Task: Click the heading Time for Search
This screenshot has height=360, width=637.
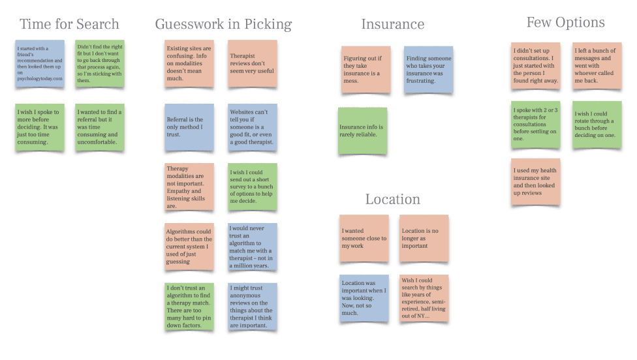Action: click(x=69, y=25)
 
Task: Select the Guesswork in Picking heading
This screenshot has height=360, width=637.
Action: click(x=223, y=25)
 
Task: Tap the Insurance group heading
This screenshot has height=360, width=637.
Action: click(x=392, y=25)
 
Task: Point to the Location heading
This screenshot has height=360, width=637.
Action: click(x=392, y=200)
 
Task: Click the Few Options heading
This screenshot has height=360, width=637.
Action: click(x=565, y=23)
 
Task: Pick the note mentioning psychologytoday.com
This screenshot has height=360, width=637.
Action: click(x=40, y=64)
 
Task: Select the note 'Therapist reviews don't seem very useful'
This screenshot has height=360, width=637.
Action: click(x=252, y=64)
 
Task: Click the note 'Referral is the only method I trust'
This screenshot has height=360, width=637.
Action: click(x=189, y=127)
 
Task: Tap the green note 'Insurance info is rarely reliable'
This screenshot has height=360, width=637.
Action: click(x=362, y=131)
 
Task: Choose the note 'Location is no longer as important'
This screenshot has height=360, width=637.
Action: click(x=424, y=238)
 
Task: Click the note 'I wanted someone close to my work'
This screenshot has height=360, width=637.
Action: click(x=363, y=238)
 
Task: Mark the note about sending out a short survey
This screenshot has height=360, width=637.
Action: click(x=252, y=187)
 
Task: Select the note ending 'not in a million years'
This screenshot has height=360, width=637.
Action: click(x=252, y=247)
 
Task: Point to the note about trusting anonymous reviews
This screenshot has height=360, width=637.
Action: click(x=252, y=306)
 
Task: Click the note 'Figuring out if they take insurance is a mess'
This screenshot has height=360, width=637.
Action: click(x=365, y=69)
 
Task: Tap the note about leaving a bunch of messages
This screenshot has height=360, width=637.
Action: click(x=597, y=66)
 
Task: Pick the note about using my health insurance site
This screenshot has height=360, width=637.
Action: click(x=535, y=182)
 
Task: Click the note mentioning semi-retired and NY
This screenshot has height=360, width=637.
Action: click(x=424, y=298)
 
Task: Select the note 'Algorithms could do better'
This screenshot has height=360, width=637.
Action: click(x=189, y=247)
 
